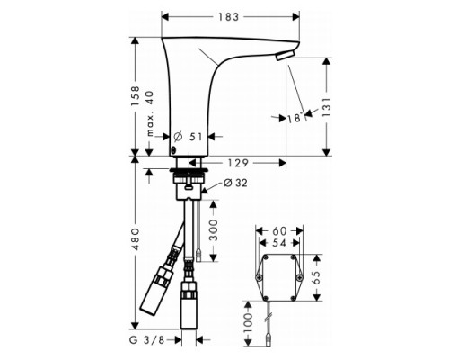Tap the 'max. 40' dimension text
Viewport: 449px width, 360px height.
pos(150,114)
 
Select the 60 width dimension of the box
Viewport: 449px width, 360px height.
pos(277,229)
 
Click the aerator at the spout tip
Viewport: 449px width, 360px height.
pos(285,58)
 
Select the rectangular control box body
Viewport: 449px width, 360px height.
pos(277,277)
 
